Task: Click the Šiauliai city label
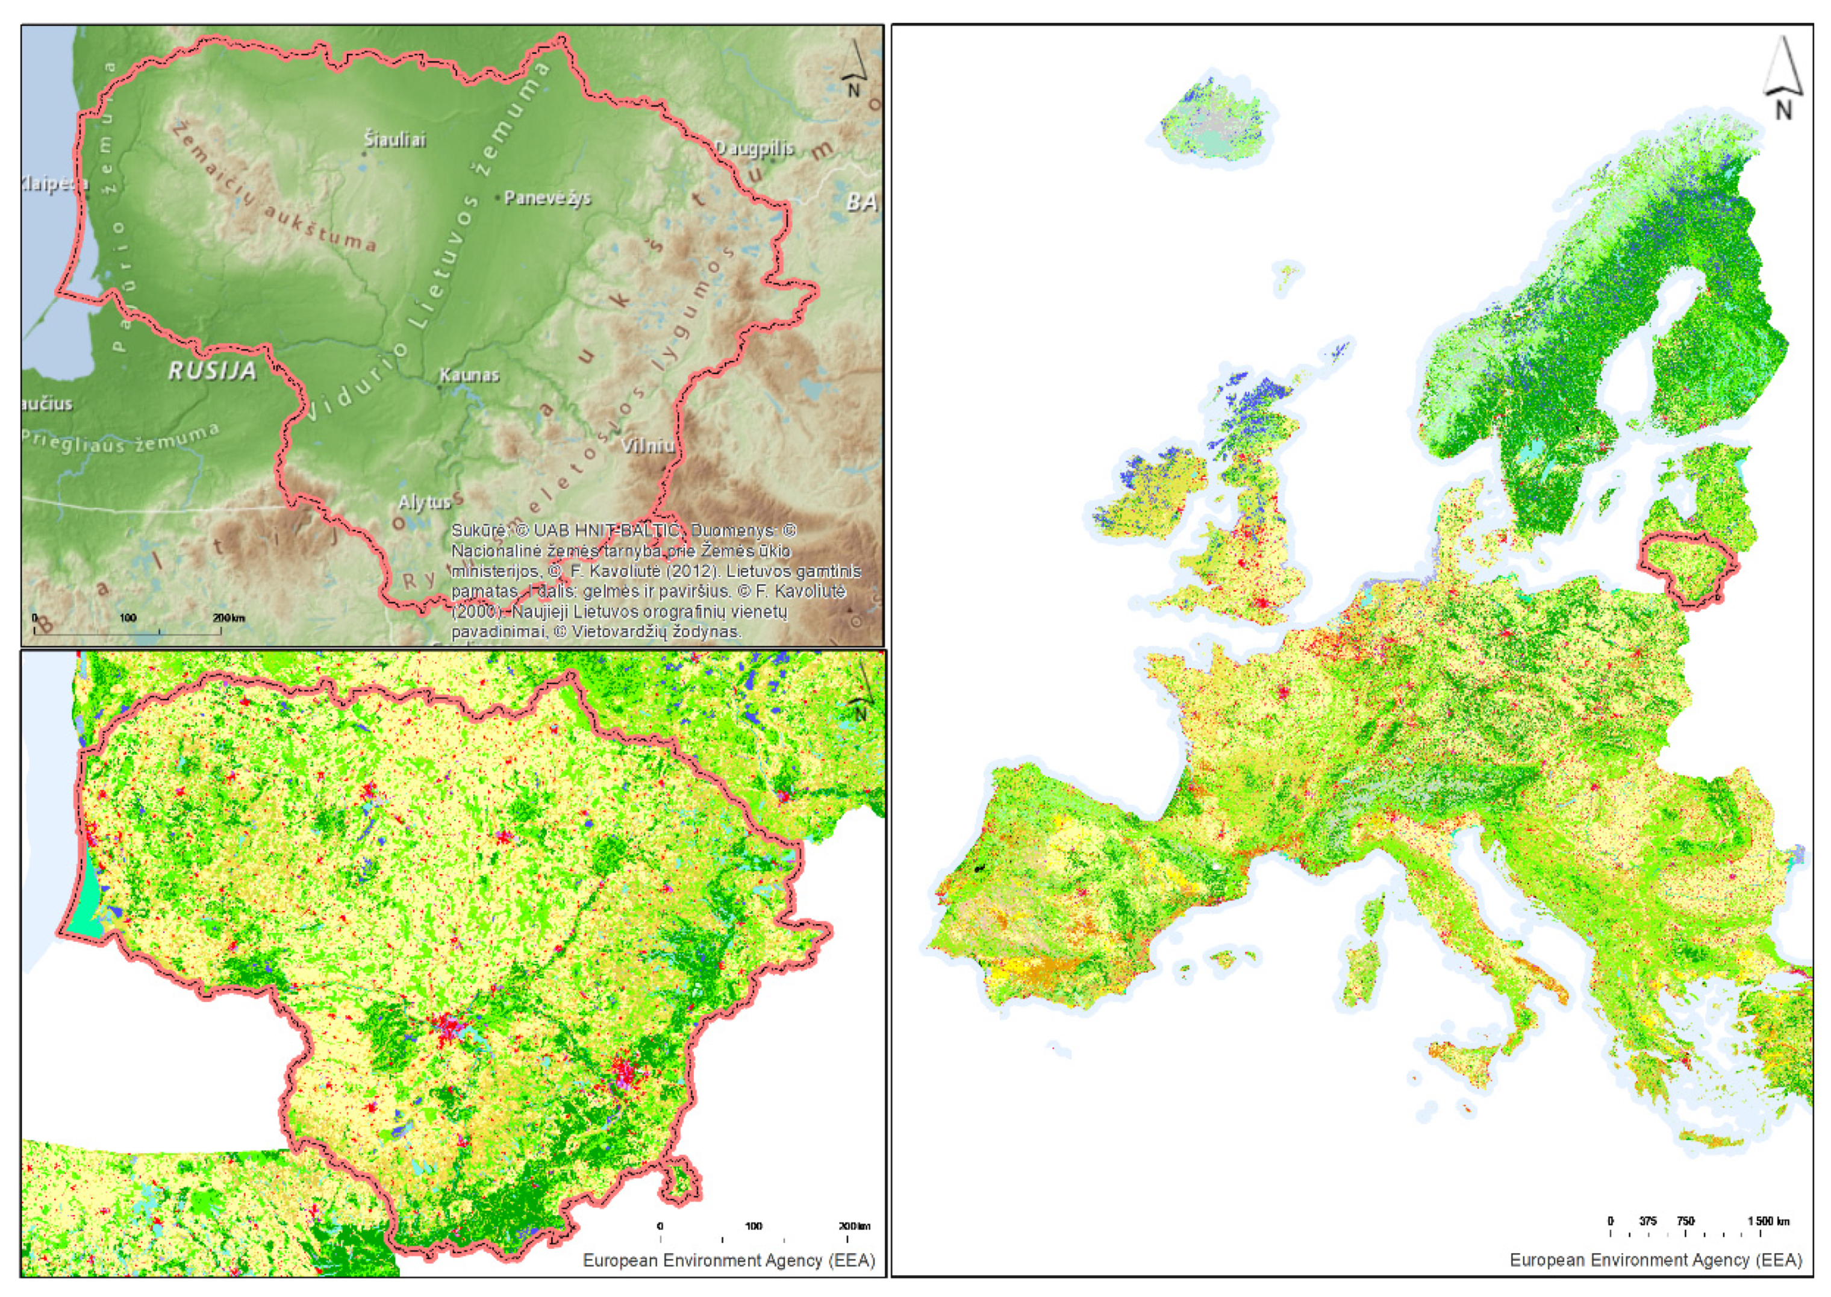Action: (395, 140)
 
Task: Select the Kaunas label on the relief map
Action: (470, 375)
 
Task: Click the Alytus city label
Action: (424, 502)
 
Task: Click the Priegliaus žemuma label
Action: (120, 439)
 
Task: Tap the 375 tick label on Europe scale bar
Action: (1647, 1221)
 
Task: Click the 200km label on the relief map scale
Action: (228, 618)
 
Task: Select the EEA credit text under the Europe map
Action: (1655, 1260)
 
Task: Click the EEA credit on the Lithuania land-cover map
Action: (729, 1260)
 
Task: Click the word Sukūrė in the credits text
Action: (476, 530)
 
